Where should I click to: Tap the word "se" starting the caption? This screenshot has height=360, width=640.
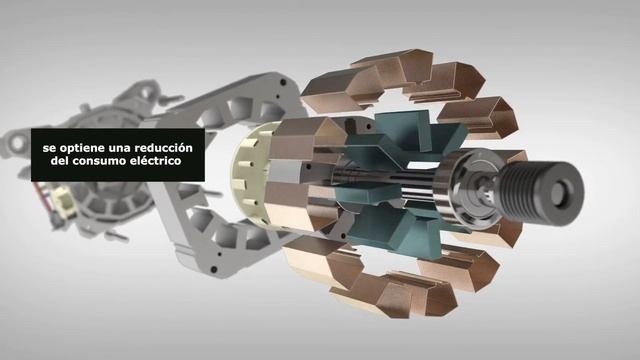(x=48, y=147)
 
